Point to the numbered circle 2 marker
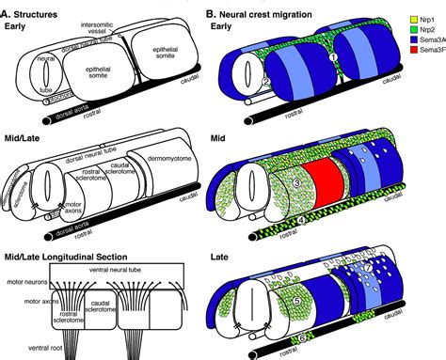(x=267, y=83)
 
